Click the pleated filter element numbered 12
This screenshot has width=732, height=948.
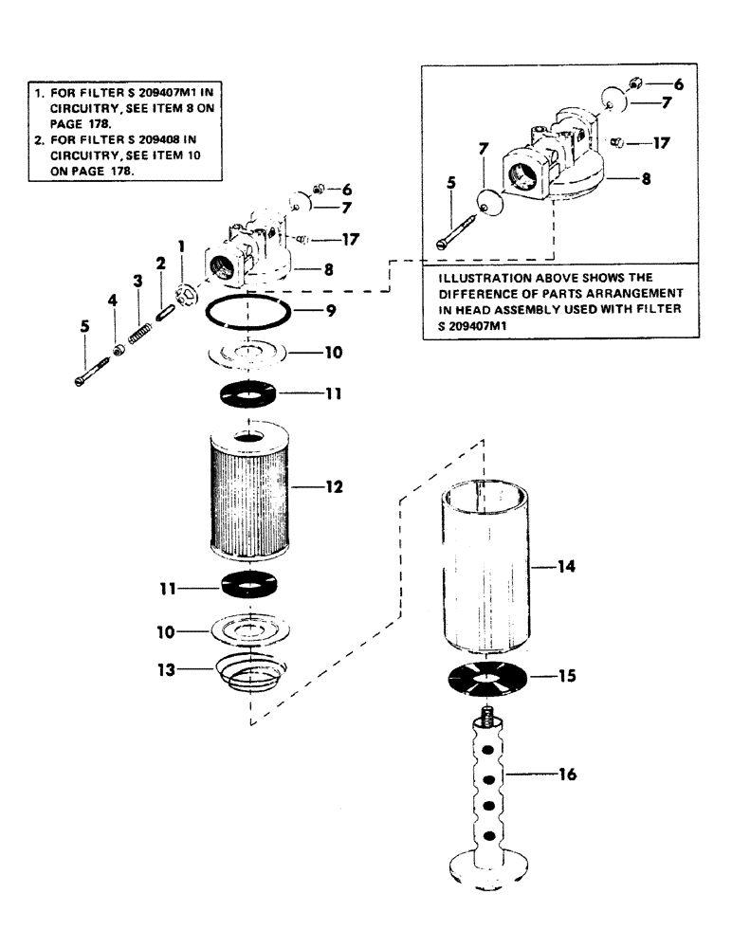(247, 493)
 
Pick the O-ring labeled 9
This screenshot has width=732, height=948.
(246, 312)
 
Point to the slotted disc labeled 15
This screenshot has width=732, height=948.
(485, 679)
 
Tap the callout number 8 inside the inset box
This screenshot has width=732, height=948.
(645, 177)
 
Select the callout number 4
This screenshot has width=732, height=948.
(113, 301)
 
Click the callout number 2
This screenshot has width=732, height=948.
(161, 263)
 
